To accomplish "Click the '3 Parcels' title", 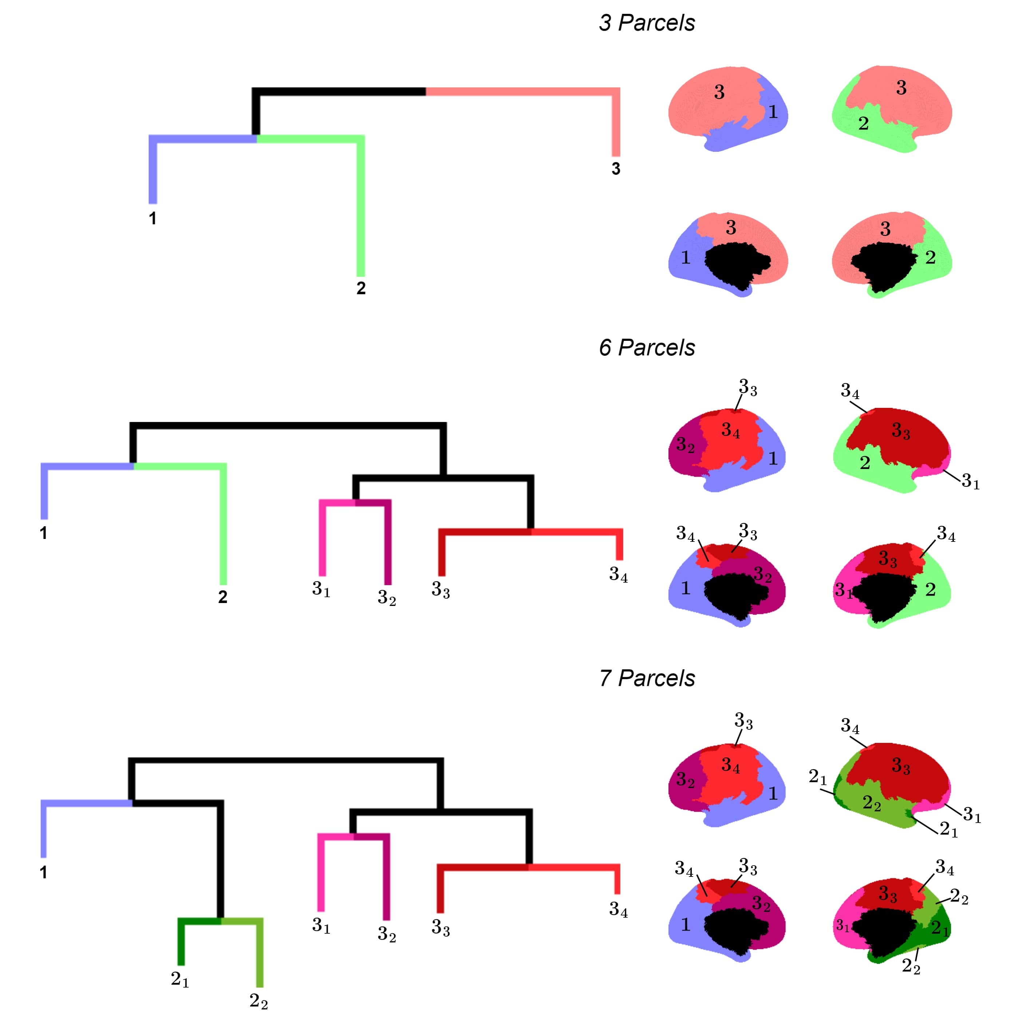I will [x=647, y=23].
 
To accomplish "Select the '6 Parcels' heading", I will [x=647, y=348].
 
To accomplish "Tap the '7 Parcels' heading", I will [x=647, y=678].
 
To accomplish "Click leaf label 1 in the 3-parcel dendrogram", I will [x=153, y=218].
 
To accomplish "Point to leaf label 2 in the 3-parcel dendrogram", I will [x=361, y=288].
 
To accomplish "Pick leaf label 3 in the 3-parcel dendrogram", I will [x=616, y=169].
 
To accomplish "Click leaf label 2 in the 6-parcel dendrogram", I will [x=222, y=597].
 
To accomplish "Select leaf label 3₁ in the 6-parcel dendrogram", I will [x=321, y=589].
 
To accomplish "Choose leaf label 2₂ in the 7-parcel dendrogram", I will [x=259, y=1001].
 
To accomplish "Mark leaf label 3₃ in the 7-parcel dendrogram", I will [x=441, y=927].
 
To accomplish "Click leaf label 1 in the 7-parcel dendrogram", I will [x=43, y=873].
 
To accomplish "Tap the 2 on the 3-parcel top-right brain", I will [x=863, y=123].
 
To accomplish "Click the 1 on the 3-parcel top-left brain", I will [x=773, y=112].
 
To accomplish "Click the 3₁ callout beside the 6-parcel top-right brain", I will [x=971, y=481].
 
